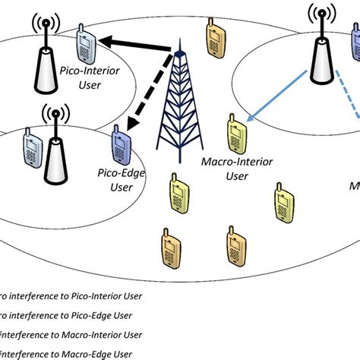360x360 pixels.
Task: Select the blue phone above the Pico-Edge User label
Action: pyautogui.click(x=122, y=140)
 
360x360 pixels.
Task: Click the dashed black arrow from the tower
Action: pyautogui.click(x=144, y=98)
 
